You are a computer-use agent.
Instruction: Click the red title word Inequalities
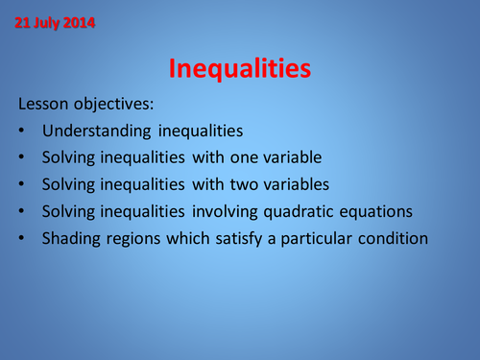[239, 68]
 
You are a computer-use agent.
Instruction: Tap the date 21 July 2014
[55, 22]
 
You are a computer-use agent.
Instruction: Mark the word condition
[392, 238]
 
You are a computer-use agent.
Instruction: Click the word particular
[316, 238]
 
